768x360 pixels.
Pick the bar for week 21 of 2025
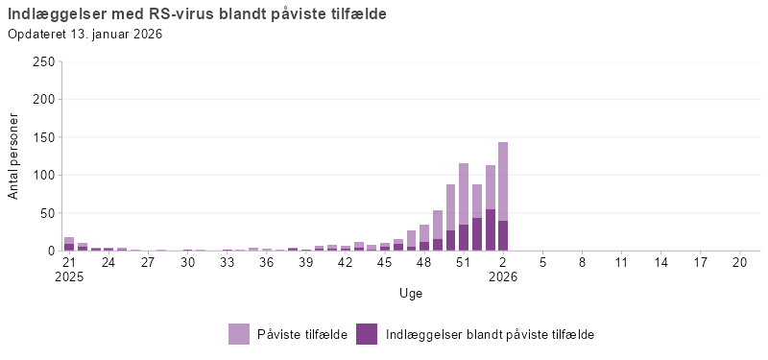pyautogui.click(x=69, y=244)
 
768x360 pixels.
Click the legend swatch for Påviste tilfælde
pyautogui.click(x=239, y=334)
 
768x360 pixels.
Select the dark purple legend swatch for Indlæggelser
pyautogui.click(x=367, y=334)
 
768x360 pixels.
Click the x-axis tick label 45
pyautogui.click(x=385, y=261)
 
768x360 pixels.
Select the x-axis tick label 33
pyautogui.click(x=228, y=261)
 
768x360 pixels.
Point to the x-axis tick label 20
pyautogui.click(x=739, y=261)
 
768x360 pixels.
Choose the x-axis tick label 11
pyautogui.click(x=621, y=261)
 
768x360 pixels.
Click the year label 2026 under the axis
pyautogui.click(x=503, y=276)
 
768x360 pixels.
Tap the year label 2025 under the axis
pyautogui.click(x=69, y=276)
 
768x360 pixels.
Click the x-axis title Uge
pyautogui.click(x=411, y=293)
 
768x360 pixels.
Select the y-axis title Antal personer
pyautogui.click(x=14, y=156)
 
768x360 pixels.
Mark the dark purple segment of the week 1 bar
pyautogui.click(x=490, y=230)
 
